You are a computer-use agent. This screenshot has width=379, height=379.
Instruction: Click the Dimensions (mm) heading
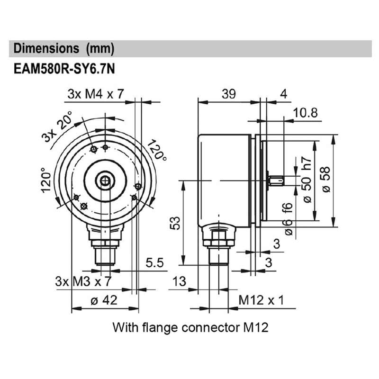coord(64,48)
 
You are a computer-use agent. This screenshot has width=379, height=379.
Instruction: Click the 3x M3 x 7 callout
coord(83,281)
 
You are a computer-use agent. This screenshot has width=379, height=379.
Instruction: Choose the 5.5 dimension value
coord(155,262)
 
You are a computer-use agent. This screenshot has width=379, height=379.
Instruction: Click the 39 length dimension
coord(229,94)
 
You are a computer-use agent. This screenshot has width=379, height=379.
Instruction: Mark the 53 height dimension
coord(175,223)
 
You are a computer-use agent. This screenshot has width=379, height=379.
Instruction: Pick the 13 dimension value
coord(179,281)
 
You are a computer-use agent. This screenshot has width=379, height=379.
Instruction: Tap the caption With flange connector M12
coord(190,327)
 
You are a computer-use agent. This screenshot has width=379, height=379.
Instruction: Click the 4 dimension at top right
coord(283,94)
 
